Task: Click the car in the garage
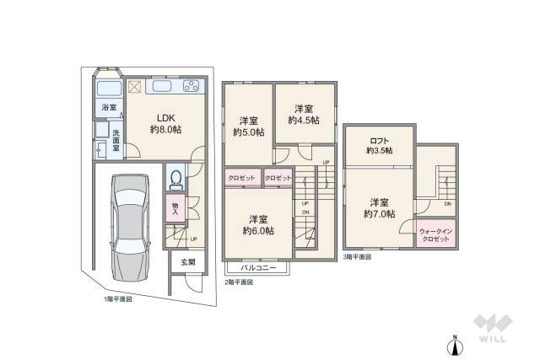click(129, 227)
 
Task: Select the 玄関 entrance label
click(187, 262)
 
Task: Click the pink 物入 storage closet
click(175, 208)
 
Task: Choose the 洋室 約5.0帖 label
click(248, 126)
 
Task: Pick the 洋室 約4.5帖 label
click(304, 115)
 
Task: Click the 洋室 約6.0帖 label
click(258, 224)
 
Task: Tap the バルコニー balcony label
click(257, 267)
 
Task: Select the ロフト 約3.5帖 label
click(379, 145)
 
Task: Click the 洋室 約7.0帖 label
click(380, 208)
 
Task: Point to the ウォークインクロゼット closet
click(436, 234)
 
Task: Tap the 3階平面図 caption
click(358, 256)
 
